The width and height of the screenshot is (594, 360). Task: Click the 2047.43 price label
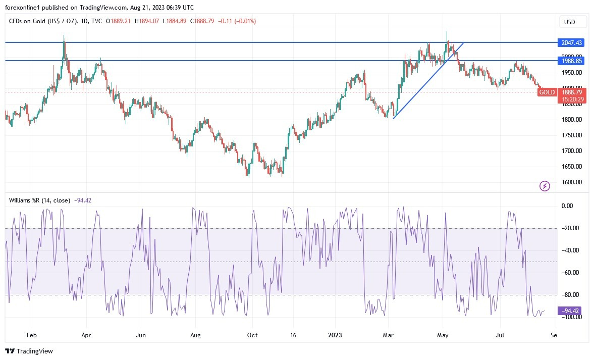(571, 43)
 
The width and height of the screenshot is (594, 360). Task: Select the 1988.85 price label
(571, 61)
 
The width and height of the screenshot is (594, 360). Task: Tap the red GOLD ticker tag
(547, 92)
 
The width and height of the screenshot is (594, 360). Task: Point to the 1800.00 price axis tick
(572, 120)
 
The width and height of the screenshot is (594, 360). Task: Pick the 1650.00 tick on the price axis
(572, 167)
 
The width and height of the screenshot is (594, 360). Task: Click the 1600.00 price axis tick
(572, 182)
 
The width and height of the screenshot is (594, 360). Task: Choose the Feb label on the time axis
(31, 335)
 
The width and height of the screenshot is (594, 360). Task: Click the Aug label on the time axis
(196, 335)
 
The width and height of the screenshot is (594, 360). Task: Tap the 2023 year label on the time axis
(335, 335)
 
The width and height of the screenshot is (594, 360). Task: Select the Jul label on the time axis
(501, 335)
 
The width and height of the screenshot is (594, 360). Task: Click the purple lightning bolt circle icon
(545, 186)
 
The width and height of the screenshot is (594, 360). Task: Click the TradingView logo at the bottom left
(29, 351)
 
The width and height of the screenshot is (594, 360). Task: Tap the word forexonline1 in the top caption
(22, 7)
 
